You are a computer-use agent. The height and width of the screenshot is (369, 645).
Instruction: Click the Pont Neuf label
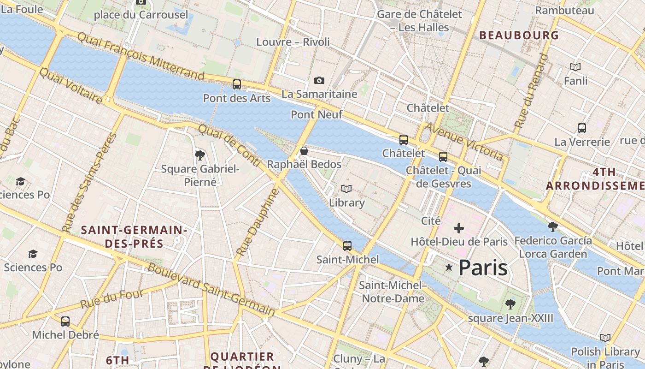(317, 114)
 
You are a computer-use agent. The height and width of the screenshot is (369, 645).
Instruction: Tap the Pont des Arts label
(237, 98)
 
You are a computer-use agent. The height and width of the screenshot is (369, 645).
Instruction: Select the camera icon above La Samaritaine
(319, 81)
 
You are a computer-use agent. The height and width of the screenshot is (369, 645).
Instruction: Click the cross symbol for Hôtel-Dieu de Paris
(459, 228)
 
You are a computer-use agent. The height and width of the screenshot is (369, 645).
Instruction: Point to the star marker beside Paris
(449, 268)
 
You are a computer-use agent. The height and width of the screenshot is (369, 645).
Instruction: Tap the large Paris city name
(483, 268)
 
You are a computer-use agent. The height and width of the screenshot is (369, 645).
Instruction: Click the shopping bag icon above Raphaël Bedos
(304, 151)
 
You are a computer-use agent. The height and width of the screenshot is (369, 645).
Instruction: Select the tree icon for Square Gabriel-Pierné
(200, 155)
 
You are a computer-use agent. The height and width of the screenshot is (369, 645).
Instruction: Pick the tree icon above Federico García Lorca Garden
(553, 226)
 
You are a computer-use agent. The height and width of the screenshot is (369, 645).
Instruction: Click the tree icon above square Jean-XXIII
(510, 304)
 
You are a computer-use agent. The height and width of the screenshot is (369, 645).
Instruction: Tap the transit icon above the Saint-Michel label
(347, 245)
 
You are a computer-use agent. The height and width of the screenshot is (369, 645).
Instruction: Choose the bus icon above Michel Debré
(65, 321)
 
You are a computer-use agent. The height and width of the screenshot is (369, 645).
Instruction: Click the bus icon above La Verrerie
(582, 128)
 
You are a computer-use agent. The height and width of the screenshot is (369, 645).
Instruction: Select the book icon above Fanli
(575, 67)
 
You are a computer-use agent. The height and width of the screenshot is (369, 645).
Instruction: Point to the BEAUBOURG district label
(519, 36)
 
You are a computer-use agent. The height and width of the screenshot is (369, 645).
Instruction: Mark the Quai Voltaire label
(70, 86)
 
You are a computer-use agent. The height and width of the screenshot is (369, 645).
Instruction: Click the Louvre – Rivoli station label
(293, 42)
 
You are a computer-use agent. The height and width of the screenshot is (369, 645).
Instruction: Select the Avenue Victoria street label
(463, 141)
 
